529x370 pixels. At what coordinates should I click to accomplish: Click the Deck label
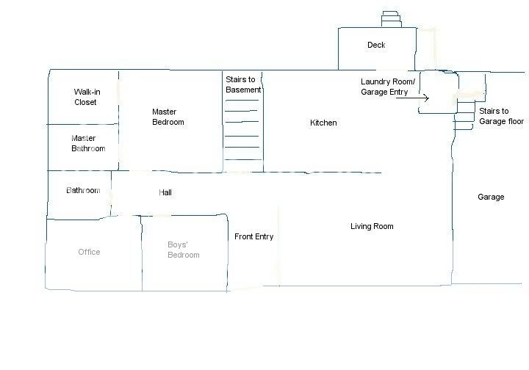(376, 45)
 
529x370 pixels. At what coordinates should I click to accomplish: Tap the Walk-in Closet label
(87, 97)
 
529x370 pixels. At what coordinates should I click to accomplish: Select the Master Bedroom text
(168, 117)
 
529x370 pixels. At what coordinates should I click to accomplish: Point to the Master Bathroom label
(88, 143)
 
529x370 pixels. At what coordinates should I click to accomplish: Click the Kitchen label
(323, 123)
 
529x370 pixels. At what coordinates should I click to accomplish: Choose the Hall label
(165, 192)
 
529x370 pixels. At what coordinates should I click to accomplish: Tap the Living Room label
(372, 226)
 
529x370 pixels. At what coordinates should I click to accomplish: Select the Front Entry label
(253, 236)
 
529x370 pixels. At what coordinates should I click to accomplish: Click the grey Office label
(89, 252)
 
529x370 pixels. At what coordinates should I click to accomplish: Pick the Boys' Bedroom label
(183, 250)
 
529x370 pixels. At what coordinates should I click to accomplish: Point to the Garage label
(491, 197)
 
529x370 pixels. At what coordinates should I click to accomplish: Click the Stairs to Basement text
(243, 84)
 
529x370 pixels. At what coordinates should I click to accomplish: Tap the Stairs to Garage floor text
(501, 116)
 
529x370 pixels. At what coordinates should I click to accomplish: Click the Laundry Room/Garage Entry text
(388, 87)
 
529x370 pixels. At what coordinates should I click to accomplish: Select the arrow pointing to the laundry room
(412, 98)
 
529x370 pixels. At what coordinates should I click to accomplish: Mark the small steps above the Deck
(392, 19)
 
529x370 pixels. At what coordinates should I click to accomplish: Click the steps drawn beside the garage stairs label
(464, 115)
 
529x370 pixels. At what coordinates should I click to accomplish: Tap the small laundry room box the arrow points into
(438, 92)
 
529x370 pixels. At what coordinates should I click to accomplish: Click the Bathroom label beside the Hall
(83, 190)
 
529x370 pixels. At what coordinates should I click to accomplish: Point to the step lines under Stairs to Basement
(242, 130)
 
